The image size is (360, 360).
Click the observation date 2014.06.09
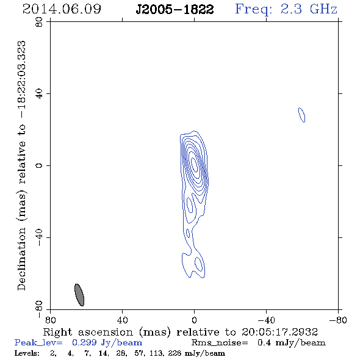click(62, 9)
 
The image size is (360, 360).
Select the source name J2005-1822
click(175, 9)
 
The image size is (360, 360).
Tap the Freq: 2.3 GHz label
click(286, 9)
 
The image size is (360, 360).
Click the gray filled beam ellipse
click(79, 295)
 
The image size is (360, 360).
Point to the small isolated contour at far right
click(301, 115)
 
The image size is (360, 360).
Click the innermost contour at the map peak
click(194, 165)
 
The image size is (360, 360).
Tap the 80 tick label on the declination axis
click(39, 22)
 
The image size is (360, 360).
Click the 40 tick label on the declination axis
click(39, 94)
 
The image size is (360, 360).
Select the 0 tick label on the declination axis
click(39, 165)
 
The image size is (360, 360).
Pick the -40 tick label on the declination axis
click(39, 237)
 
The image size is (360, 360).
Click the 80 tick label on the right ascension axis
click(51, 320)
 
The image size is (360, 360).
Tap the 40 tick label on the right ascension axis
click(123, 320)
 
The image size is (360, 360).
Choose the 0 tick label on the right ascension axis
click(194, 320)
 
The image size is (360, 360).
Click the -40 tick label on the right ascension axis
click(266, 320)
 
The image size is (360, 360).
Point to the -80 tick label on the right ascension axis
click(338, 320)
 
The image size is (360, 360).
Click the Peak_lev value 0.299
click(84, 342)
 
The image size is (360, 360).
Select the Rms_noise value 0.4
click(264, 342)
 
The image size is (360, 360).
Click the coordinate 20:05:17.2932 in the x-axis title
click(279, 332)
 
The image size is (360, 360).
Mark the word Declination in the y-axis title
click(21, 259)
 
